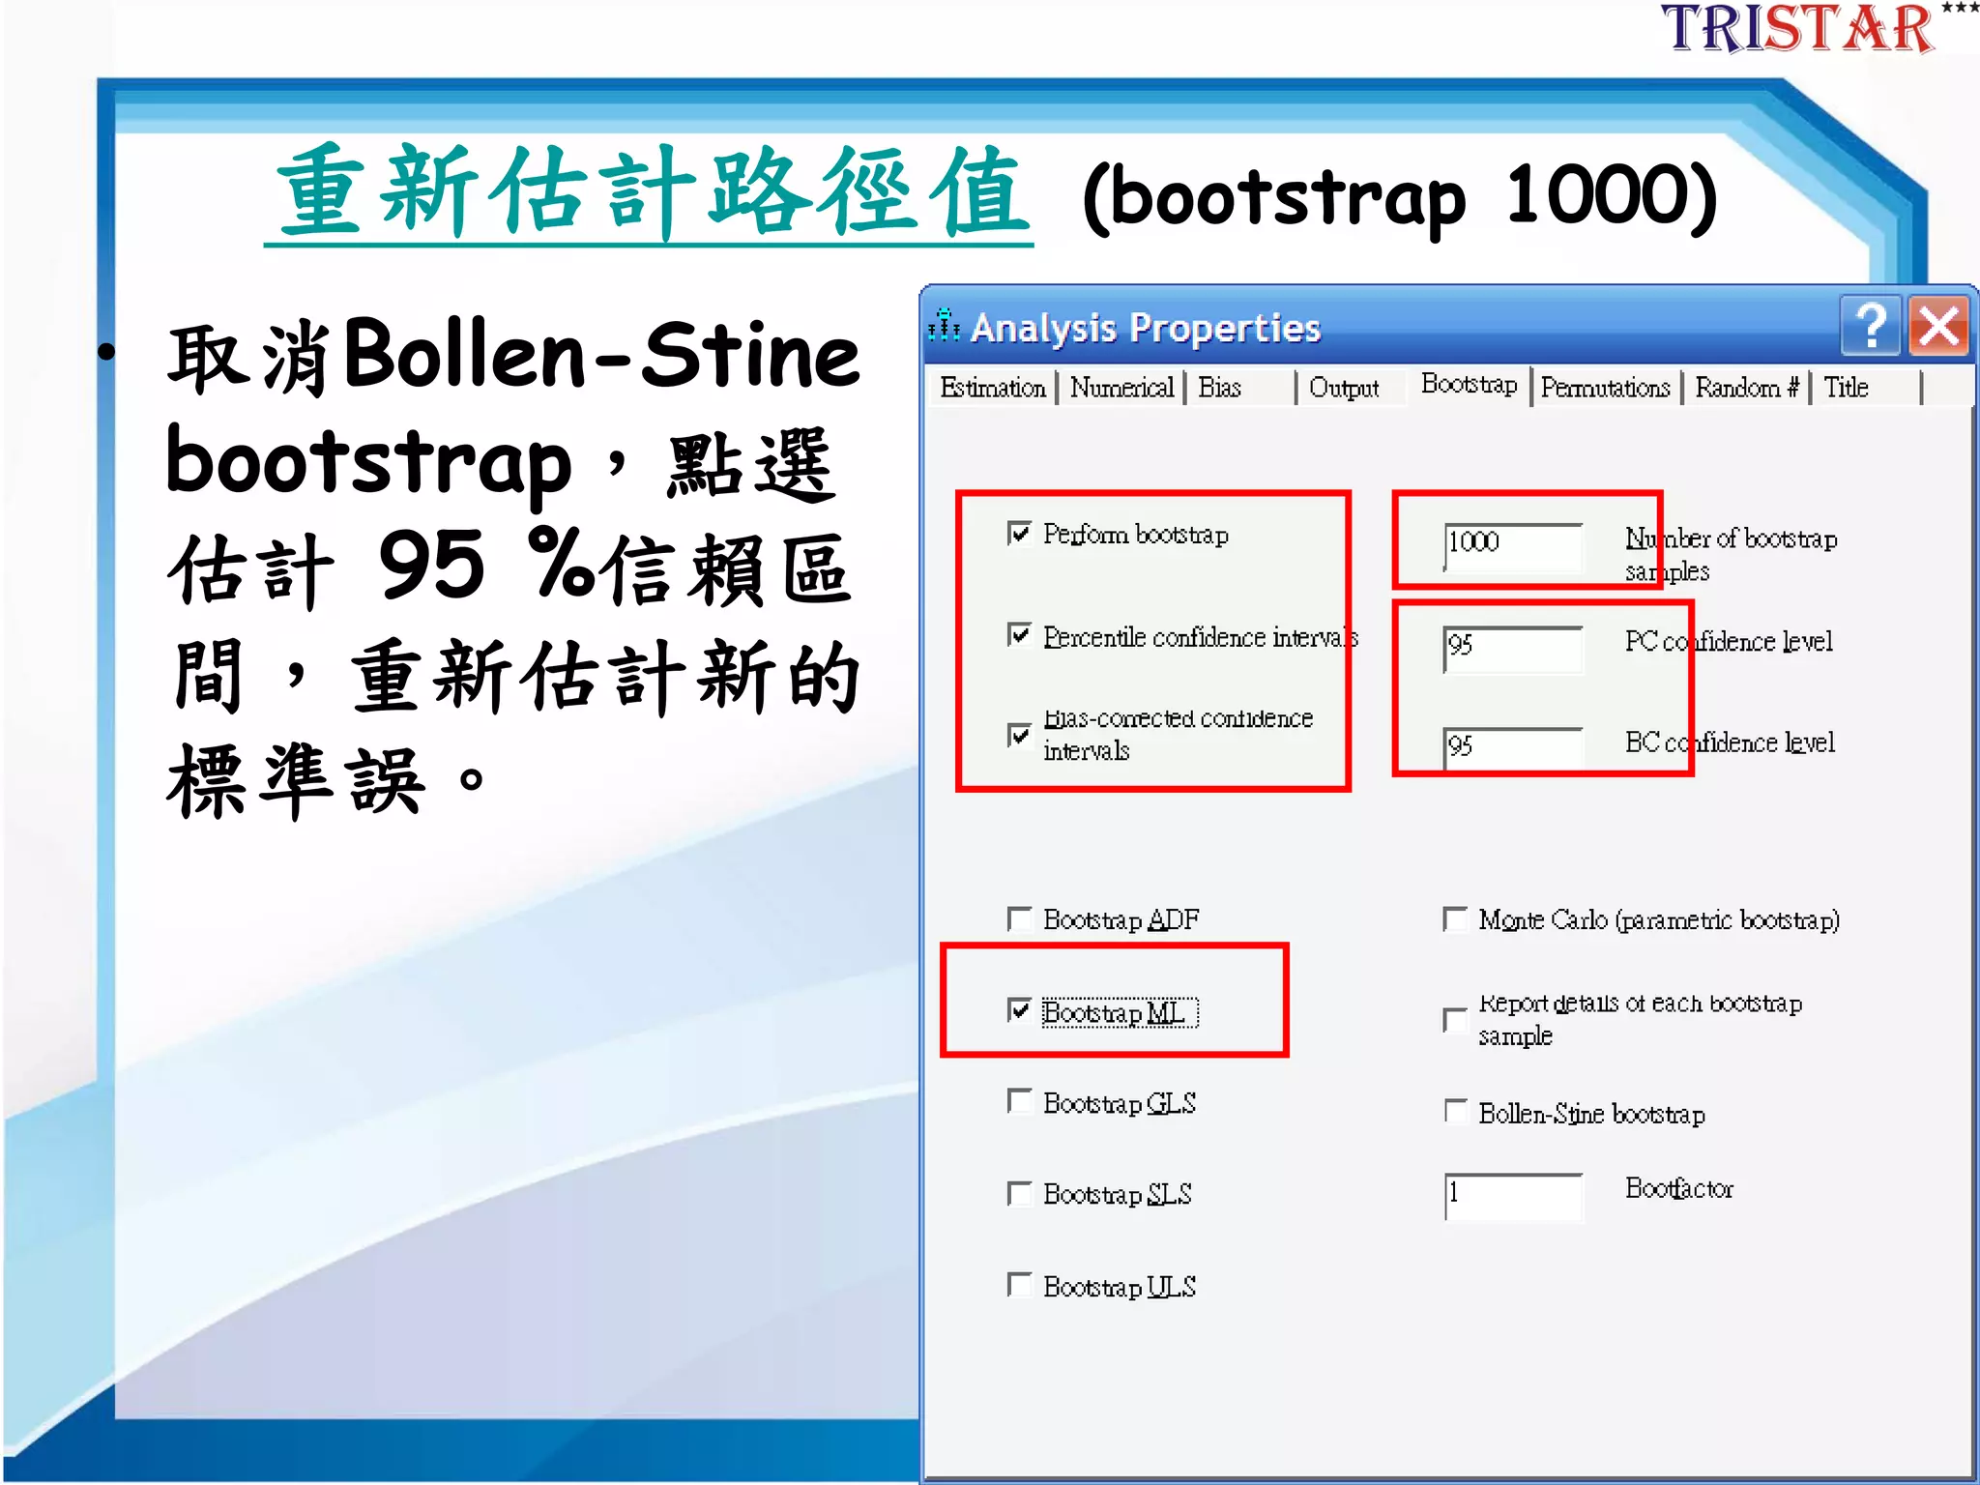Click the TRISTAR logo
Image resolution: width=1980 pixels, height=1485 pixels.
[1798, 29]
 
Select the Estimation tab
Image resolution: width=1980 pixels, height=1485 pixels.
[992, 388]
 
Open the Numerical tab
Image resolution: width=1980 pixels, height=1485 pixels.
[1121, 388]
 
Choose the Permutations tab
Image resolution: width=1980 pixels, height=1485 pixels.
[1605, 388]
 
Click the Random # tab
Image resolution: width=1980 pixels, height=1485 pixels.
[1746, 388]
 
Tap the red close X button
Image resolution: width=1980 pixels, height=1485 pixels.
[1939, 327]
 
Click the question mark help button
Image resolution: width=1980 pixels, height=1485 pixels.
[1872, 327]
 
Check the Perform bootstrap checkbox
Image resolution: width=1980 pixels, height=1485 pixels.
[1019, 534]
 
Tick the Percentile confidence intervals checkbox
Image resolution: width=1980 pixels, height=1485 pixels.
[1019, 635]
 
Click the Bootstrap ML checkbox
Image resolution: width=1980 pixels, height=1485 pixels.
[1019, 1010]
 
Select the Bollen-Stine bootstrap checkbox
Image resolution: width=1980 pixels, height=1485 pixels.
[1455, 1112]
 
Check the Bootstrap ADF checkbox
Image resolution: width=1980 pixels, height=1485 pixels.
[1019, 917]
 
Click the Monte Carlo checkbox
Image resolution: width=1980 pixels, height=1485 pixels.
[1455, 918]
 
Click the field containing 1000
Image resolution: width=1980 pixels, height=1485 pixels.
[1513, 543]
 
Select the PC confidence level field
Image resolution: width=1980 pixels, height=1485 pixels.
[1513, 647]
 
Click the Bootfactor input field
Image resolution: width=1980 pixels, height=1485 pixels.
[1513, 1195]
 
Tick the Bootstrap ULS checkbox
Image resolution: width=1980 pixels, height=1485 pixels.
[1019, 1285]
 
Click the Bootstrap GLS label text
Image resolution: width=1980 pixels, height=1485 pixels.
[1120, 1103]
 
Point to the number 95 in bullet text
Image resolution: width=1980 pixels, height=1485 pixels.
[431, 566]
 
